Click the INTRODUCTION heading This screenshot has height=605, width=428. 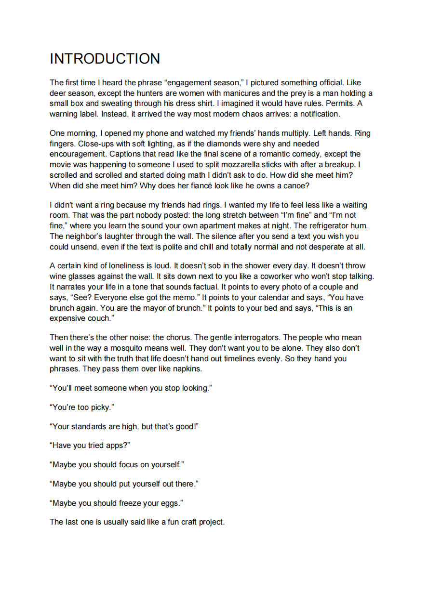[105, 59]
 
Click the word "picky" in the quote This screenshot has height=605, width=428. [100, 408]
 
